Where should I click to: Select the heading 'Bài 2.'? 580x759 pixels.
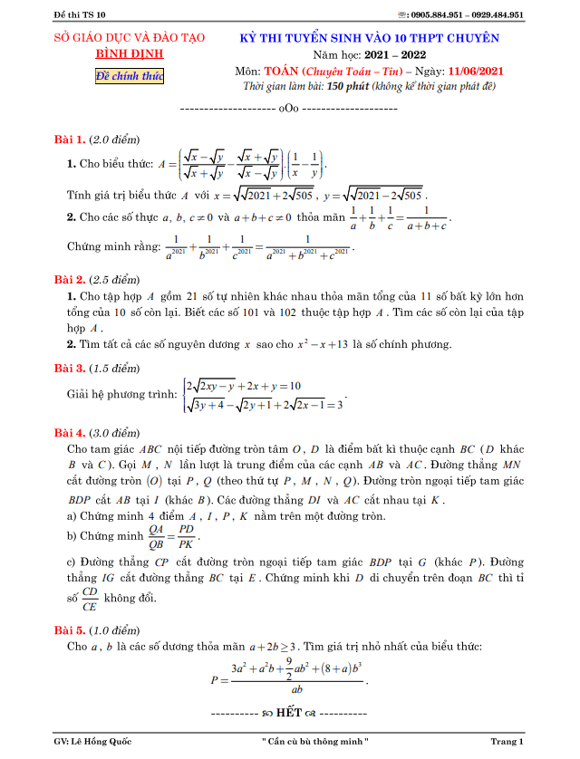click(70, 278)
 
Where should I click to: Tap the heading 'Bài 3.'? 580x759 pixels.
click(70, 368)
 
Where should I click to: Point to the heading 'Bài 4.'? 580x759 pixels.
click(70, 432)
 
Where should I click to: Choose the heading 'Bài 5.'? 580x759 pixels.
click(70, 629)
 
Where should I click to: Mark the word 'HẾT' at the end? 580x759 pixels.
click(289, 713)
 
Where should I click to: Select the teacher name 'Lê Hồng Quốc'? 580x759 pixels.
click(104, 742)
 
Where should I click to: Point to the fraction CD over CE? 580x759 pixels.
click(89, 598)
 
